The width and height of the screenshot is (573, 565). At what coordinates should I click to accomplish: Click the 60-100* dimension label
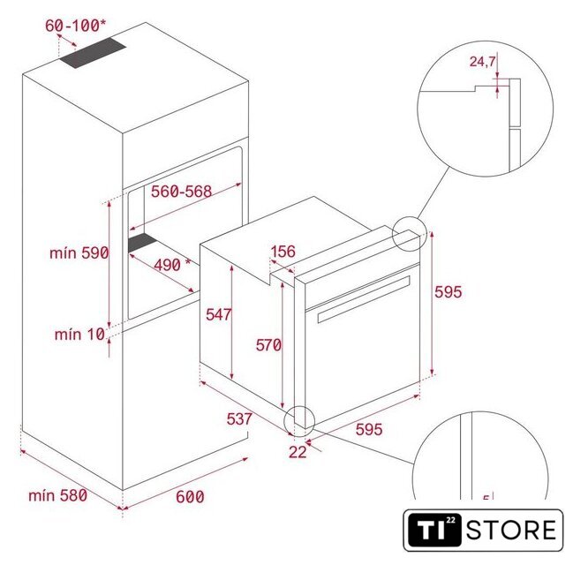point(76,26)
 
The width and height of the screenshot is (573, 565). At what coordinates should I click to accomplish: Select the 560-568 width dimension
point(181,192)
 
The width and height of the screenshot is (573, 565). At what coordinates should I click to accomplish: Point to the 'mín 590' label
point(79,252)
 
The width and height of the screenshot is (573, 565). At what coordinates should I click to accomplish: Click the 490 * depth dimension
point(172,265)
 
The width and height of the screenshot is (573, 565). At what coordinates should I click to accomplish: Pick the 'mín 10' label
point(79,335)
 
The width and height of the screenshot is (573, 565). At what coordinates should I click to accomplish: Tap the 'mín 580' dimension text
point(57,495)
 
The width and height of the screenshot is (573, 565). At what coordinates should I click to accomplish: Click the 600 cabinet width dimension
point(190,497)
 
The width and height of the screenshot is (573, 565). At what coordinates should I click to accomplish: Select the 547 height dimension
point(219,314)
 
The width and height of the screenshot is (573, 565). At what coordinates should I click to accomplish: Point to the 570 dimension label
point(268,345)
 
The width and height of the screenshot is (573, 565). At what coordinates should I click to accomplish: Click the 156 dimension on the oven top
point(283,252)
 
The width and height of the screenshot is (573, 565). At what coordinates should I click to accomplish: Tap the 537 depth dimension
point(239,419)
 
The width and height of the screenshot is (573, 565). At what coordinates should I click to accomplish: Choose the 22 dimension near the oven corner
point(298,452)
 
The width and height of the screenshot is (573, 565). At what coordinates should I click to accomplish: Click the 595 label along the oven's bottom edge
point(369,429)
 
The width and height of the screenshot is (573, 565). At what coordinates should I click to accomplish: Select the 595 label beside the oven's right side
point(449,292)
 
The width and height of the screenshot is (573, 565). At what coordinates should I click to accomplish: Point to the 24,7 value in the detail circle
point(482,62)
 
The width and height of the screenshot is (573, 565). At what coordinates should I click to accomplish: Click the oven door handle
point(364,299)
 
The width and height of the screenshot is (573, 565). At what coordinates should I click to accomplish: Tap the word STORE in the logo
point(511,531)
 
